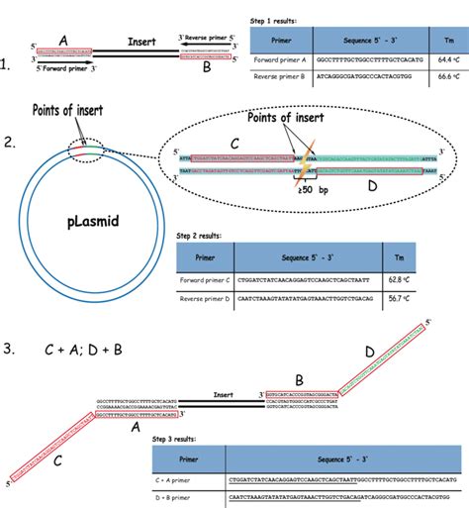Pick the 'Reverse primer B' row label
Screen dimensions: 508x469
[282, 74]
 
